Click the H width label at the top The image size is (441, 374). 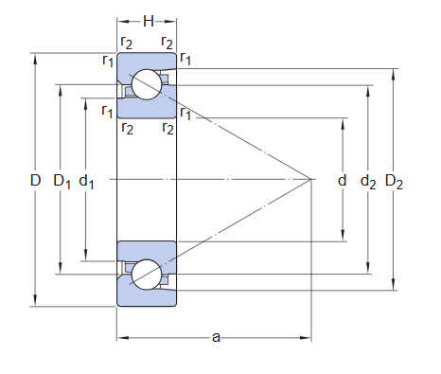(148, 20)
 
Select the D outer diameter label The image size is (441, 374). (36, 179)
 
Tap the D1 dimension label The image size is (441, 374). (62, 179)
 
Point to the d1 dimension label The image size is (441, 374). (87, 179)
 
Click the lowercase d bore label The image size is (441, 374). (342, 179)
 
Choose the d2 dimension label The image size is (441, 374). (368, 179)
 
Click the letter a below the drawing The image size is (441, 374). (216, 336)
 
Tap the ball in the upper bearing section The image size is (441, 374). (147, 84)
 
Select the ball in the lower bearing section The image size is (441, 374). (147, 274)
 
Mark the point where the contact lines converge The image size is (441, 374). (312, 179)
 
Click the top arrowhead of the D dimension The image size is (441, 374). (36, 56)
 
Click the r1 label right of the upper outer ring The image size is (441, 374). (185, 60)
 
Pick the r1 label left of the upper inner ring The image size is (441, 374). (107, 110)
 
